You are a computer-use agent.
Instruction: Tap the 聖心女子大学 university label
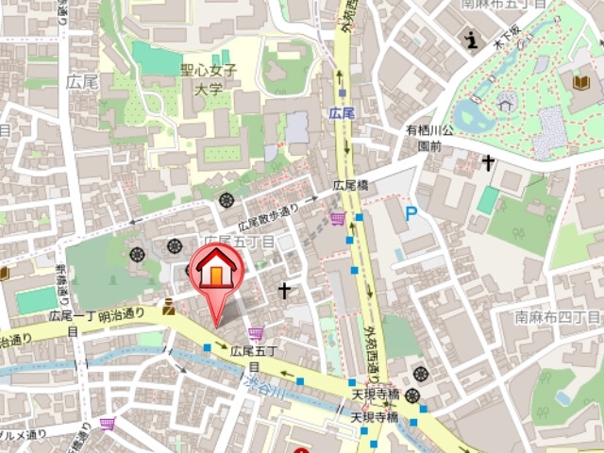(210, 79)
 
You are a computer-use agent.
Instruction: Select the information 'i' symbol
(470, 39)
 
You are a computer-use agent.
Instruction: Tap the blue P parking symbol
(411, 214)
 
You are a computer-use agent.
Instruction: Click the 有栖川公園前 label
(429, 138)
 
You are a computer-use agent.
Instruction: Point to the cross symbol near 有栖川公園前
(487, 162)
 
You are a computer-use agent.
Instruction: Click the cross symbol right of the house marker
(283, 290)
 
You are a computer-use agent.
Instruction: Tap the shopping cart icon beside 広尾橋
(338, 219)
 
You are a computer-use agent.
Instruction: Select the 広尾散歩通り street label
(267, 216)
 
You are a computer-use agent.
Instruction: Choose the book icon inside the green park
(579, 83)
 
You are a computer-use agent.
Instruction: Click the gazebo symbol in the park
(507, 101)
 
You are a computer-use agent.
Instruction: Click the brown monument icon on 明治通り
(168, 307)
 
